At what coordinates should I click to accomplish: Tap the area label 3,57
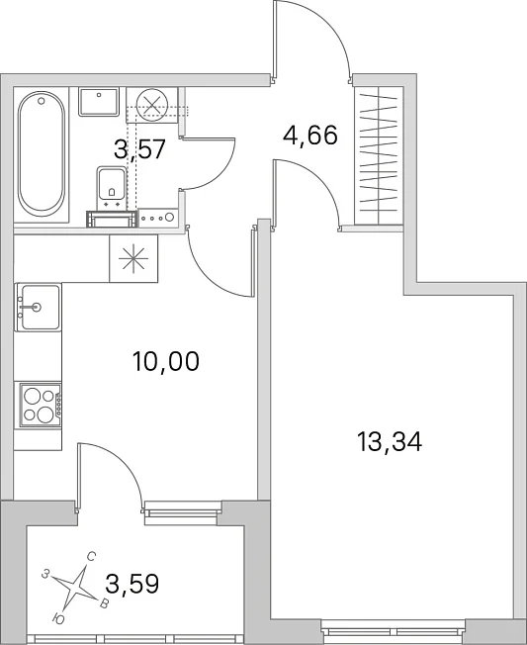point(139,148)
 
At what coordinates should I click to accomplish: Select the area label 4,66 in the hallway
point(310,135)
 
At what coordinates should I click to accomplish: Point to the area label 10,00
point(166,361)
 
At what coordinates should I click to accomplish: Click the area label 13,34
point(390,442)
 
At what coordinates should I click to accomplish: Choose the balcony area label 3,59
point(132,584)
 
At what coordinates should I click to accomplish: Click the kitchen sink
point(39,307)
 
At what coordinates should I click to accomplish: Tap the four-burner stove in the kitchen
point(39,406)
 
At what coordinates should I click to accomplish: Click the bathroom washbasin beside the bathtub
point(99,102)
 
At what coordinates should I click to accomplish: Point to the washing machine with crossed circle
point(152,105)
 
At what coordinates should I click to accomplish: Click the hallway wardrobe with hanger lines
point(379,156)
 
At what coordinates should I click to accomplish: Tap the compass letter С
point(92,557)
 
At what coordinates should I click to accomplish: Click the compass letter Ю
point(58,618)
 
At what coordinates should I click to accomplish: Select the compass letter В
point(105,603)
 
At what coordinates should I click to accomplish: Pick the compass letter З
point(46,574)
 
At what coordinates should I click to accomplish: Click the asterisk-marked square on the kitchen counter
point(133,259)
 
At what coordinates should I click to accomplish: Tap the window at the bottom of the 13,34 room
point(394,632)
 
